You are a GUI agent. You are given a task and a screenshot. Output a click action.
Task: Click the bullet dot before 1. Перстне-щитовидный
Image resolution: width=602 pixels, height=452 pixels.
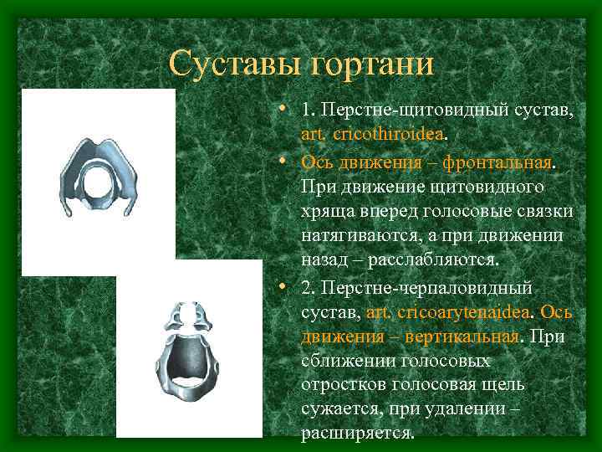point(285,110)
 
